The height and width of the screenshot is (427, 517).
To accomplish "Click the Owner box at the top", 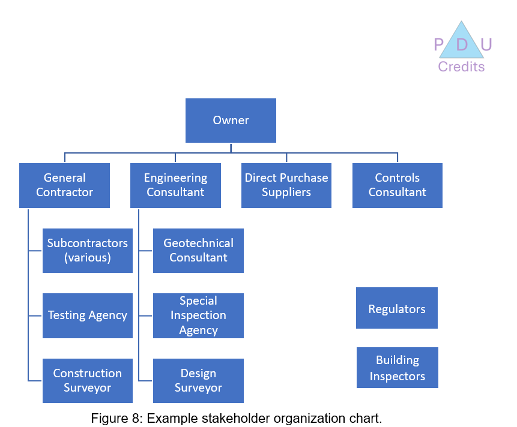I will [x=231, y=121].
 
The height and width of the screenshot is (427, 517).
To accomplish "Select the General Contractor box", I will [x=64, y=185].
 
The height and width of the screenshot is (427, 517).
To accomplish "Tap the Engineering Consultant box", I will [x=175, y=185].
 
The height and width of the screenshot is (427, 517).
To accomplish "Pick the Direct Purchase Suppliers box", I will [x=286, y=185].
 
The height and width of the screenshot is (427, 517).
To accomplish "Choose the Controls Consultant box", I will [x=397, y=185].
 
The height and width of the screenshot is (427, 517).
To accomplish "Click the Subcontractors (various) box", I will [x=88, y=251].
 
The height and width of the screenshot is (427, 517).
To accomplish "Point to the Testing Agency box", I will [x=88, y=315].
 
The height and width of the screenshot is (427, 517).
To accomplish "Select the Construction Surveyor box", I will [x=88, y=381].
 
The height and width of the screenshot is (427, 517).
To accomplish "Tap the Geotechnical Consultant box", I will [x=198, y=251].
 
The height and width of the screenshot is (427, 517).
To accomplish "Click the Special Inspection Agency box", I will [x=198, y=315].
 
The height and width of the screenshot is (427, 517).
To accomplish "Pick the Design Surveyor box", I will [x=198, y=381].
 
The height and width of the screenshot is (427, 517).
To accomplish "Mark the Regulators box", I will [x=396, y=308].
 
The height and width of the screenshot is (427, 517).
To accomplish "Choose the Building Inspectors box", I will [x=397, y=368].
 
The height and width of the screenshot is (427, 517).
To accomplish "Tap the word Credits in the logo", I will [x=461, y=67].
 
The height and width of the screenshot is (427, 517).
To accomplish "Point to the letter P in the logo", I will [x=439, y=45].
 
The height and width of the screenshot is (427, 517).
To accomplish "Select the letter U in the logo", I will [x=486, y=45].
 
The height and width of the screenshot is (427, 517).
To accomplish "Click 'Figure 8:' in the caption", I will [x=116, y=419].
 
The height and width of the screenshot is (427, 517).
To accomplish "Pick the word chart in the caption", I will [x=364, y=419].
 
